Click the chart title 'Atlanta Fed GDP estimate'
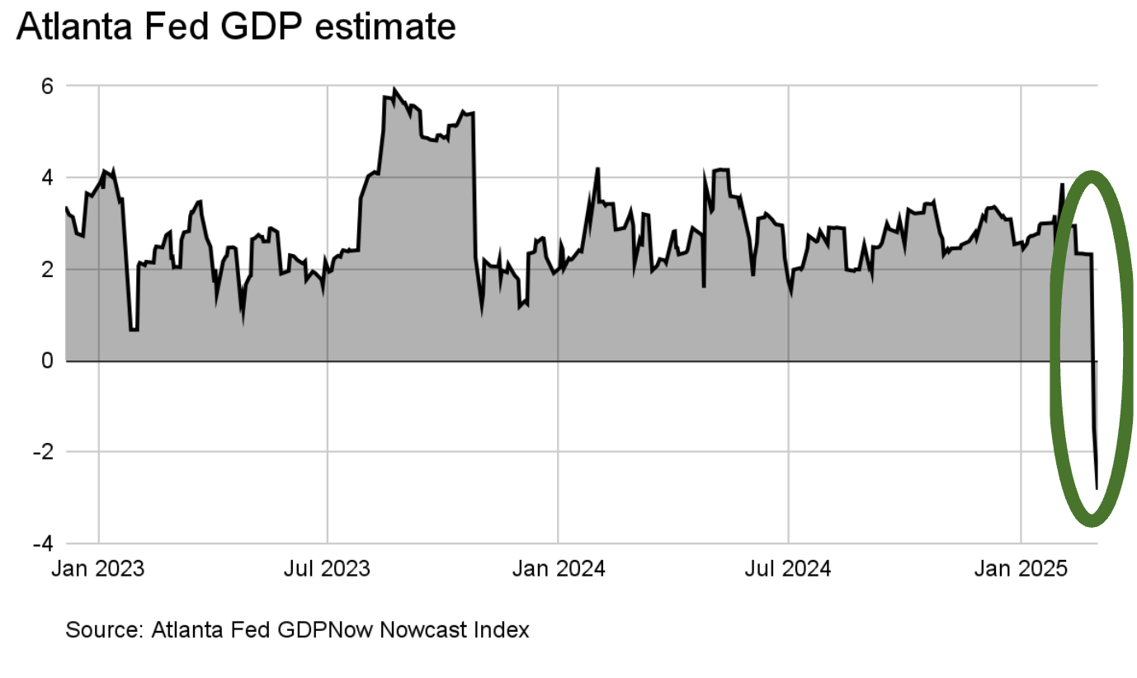(236, 27)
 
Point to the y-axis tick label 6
(48, 86)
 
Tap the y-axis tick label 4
(48, 177)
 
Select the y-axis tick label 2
(48, 269)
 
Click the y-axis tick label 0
(48, 360)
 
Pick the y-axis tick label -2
(43, 452)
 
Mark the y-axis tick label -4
(43, 544)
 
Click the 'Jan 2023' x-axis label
(98, 569)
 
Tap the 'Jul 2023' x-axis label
(328, 569)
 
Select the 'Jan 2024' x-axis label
(558, 569)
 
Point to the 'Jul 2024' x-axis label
(788, 569)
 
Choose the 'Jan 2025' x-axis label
(1021, 569)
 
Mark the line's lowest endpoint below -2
(1097, 489)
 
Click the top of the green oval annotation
(1092, 176)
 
